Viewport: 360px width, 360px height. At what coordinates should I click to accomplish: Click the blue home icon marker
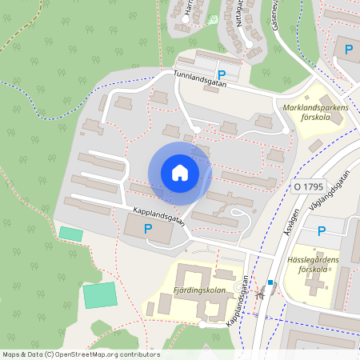[180, 173]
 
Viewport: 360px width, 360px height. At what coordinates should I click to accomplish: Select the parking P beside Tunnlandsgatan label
[222, 75]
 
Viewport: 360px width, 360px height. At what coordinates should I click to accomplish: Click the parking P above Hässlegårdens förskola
[322, 231]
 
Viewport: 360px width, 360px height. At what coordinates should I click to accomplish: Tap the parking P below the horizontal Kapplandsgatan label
[147, 229]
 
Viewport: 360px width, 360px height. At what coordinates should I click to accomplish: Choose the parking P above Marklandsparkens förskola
[348, 50]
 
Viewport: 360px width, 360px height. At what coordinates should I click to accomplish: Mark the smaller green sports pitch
[70, 233]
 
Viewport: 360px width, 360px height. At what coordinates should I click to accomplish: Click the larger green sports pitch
[100, 294]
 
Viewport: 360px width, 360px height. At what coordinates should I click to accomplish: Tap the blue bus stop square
[271, 282]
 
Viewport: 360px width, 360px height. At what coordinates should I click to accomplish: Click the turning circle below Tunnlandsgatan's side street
[198, 129]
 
